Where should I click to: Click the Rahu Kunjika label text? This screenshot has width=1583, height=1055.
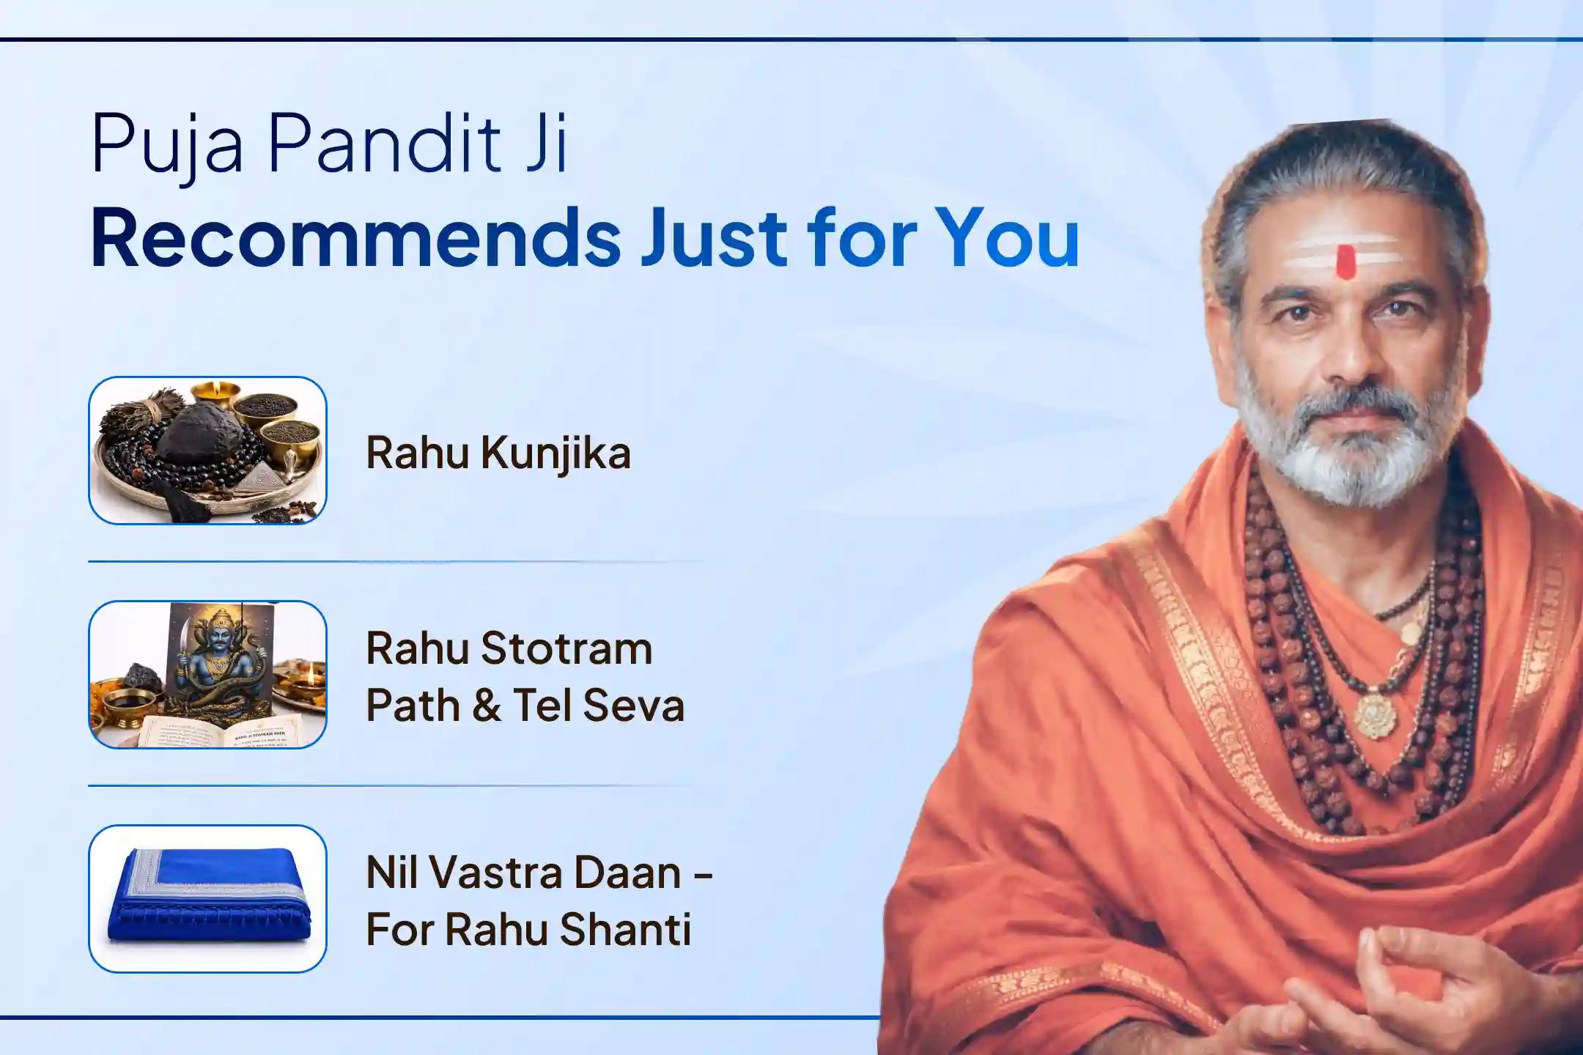click(498, 453)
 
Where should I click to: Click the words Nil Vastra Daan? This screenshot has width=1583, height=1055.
click(524, 873)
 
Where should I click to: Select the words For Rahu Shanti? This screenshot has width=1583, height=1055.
click(528, 930)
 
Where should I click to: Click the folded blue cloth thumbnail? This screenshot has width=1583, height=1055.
click(207, 899)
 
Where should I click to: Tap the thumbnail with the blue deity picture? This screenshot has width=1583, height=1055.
click(207, 675)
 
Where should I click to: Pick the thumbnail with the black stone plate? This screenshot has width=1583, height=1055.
click(207, 451)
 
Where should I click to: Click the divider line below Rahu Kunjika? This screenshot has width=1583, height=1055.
click(396, 562)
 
